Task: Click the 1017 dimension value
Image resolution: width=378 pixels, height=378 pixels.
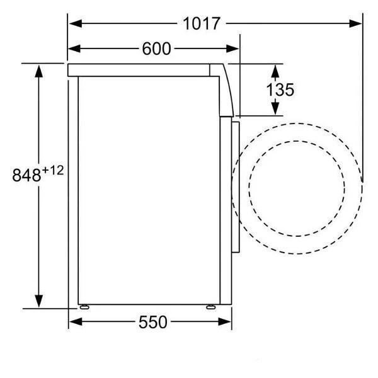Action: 202,24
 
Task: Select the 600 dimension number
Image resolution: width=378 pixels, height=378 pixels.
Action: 156,49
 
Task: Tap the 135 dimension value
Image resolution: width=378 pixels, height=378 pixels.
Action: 280,90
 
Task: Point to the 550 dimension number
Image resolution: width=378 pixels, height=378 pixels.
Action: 153,322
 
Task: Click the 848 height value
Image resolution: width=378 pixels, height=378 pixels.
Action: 26,175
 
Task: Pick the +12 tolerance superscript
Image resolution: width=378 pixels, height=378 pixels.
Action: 53,171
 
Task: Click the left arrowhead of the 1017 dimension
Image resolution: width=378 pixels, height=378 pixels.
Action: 76,24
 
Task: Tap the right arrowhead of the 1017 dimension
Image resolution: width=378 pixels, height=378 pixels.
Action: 355,24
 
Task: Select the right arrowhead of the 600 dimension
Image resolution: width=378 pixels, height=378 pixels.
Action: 232,49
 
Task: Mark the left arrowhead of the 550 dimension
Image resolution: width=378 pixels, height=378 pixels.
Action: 76,321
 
